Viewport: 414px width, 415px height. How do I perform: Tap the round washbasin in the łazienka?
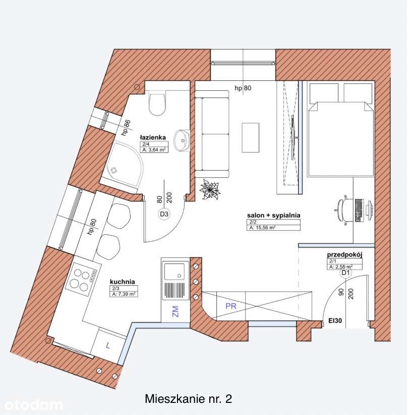(181, 140)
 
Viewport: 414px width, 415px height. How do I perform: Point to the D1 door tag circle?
(345, 273)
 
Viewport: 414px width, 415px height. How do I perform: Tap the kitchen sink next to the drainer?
(174, 272)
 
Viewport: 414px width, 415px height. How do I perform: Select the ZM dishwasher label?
(174, 311)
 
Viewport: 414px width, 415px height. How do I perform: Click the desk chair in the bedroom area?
(344, 208)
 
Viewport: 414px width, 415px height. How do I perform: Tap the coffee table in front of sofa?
(250, 137)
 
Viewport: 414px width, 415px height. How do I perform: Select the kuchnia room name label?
(123, 282)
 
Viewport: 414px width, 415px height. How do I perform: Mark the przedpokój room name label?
(344, 255)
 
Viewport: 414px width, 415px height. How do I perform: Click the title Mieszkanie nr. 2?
(188, 399)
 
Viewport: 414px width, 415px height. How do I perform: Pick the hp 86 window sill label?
(126, 129)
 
